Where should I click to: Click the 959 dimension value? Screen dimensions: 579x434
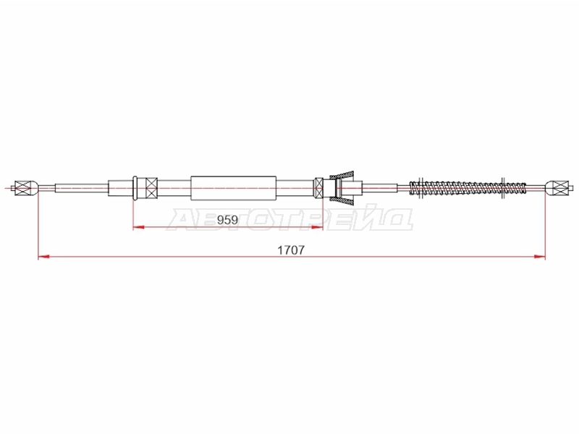tap(227, 220)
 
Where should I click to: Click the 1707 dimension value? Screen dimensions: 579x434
tap(291, 250)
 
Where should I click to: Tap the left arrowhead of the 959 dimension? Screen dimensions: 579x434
tap(138, 227)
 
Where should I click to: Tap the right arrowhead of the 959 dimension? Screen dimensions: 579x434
tap(317, 227)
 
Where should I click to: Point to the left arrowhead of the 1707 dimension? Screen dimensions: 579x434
tap(44, 256)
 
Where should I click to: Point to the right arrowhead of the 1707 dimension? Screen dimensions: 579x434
tap(540, 256)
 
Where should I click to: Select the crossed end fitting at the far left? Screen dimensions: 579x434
tap(22, 188)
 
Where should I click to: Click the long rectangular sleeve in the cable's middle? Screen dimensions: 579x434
tap(233, 188)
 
